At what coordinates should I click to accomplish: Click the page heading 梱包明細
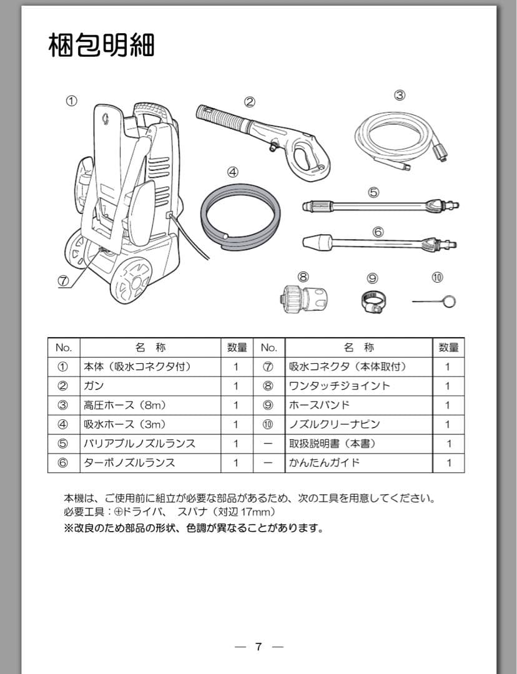tap(101, 46)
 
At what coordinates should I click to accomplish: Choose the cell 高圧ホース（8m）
tap(125, 405)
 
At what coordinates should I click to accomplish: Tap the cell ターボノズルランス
tap(130, 462)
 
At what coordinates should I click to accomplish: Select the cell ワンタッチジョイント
tap(339, 386)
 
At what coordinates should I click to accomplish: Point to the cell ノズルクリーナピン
tap(334, 424)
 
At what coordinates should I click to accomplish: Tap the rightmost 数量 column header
tap(448, 347)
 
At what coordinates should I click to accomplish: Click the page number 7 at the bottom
tap(258, 646)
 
